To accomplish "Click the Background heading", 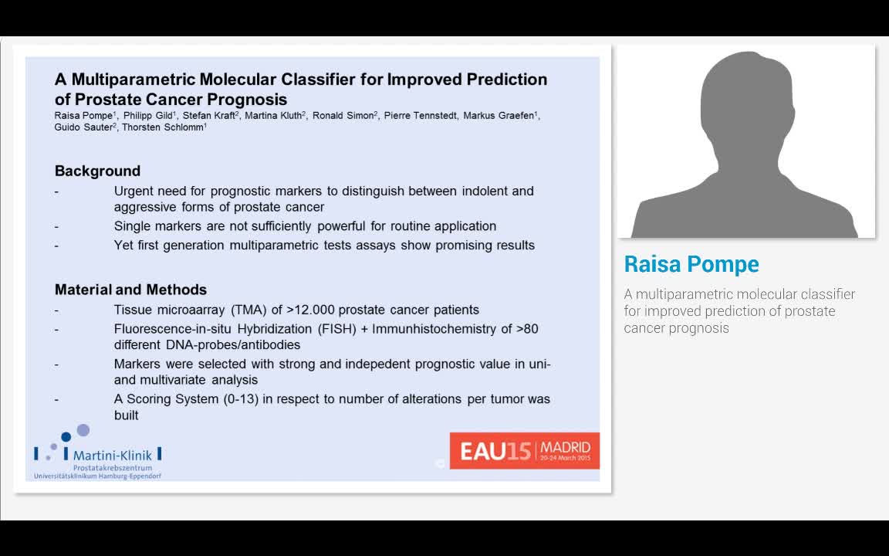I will (x=97, y=171).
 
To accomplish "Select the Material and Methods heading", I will (x=130, y=290).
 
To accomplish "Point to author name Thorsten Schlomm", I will (x=162, y=127).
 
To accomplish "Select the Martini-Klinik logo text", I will (x=113, y=456).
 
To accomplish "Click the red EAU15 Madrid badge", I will (x=525, y=450).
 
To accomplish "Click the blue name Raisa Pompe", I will (x=691, y=264).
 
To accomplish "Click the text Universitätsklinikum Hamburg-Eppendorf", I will (x=97, y=476).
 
